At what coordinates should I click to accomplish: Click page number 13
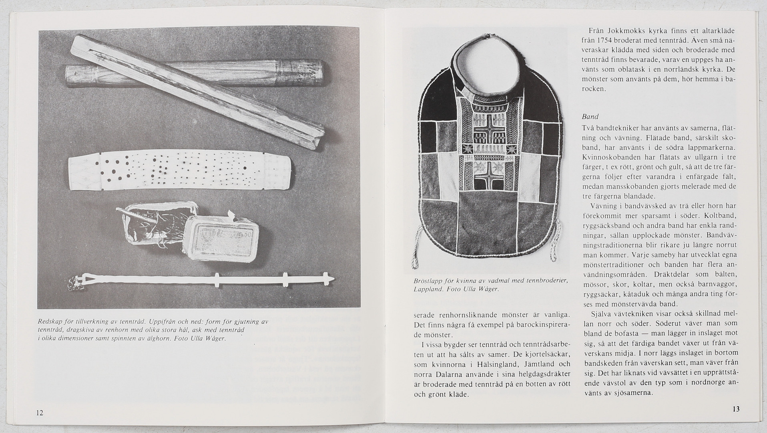pos(736,409)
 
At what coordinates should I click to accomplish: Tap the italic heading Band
pos(590,117)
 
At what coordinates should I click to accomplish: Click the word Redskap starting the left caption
pos(50,322)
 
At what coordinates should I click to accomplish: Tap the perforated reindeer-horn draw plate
pos(180,173)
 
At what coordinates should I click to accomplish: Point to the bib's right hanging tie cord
pos(554,249)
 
